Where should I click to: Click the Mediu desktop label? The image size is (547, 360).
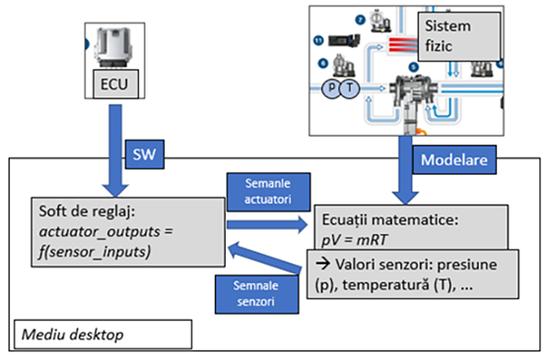pos(103,333)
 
